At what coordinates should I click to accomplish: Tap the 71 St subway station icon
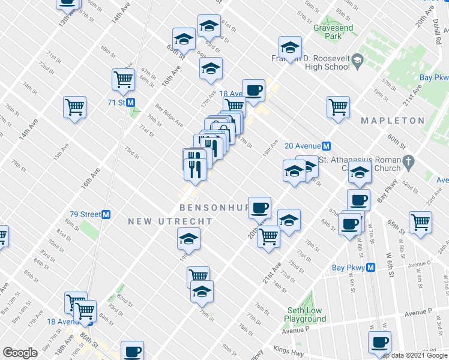(x=130, y=103)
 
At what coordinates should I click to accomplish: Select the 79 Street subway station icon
(x=106, y=214)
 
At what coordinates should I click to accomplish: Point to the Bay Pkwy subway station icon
(x=371, y=268)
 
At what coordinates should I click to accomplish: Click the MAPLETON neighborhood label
(x=393, y=121)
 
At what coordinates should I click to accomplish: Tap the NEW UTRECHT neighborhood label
(x=170, y=221)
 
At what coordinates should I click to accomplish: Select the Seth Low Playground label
(x=304, y=314)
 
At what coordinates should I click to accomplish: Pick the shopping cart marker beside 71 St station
(x=123, y=79)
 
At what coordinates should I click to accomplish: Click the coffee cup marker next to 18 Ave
(x=253, y=90)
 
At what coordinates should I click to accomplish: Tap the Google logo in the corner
(x=20, y=353)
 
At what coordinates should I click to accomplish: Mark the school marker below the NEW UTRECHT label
(x=188, y=239)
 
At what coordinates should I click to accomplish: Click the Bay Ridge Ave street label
(x=169, y=114)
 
